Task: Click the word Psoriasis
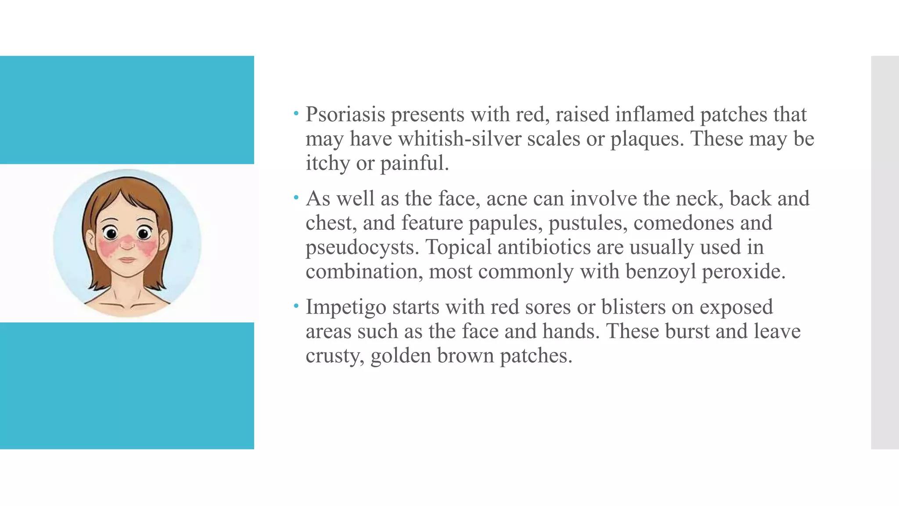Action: pos(345,115)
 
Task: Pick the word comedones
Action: pos(683,223)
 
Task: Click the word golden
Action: pos(400,356)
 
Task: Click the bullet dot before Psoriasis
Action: pos(296,114)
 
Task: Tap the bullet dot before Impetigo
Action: pos(296,306)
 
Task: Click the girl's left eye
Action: pos(143,233)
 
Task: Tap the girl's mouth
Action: pos(127,260)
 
